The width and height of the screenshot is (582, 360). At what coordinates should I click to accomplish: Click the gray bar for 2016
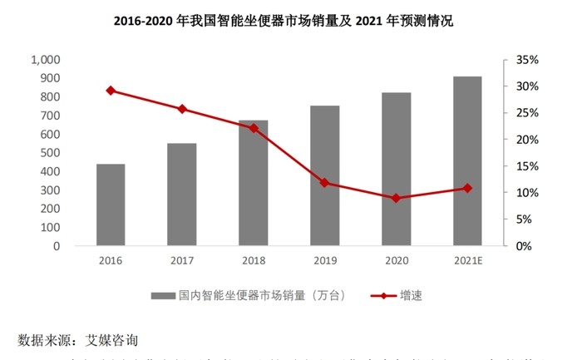[111, 205]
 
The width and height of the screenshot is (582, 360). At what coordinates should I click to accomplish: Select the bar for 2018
[254, 183]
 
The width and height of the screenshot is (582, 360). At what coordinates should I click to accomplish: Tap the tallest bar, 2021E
[467, 161]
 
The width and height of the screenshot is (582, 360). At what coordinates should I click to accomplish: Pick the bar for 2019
[325, 175]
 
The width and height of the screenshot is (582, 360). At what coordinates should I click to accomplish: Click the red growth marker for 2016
[111, 91]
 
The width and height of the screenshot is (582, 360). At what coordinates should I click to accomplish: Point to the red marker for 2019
[325, 183]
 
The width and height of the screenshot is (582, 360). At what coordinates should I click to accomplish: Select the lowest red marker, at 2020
[396, 198]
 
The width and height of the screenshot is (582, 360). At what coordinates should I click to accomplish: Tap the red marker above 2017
[182, 109]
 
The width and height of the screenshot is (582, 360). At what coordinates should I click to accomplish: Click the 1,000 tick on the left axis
[45, 60]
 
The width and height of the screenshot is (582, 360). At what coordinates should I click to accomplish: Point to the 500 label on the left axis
[50, 153]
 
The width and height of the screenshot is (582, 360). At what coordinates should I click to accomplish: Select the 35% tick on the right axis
[528, 60]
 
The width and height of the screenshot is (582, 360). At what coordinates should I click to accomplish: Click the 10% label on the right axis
[528, 193]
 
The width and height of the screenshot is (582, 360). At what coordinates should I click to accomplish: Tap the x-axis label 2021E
[467, 260]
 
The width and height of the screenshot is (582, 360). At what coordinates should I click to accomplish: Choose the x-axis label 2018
[254, 260]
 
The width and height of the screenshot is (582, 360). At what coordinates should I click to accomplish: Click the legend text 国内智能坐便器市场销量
[249, 296]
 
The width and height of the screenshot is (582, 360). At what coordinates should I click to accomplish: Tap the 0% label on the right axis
[530, 246]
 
